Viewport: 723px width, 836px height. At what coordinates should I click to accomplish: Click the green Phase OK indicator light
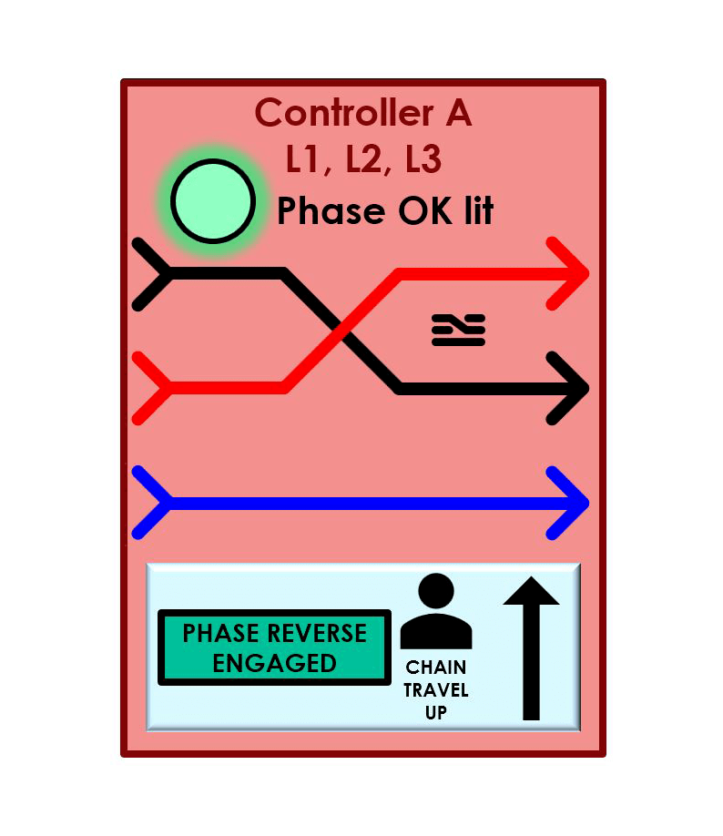[x=213, y=201]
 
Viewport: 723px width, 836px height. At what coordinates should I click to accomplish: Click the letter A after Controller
[x=456, y=113]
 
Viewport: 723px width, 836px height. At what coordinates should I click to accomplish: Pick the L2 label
[x=364, y=159]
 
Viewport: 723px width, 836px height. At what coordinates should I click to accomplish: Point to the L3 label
[x=423, y=159]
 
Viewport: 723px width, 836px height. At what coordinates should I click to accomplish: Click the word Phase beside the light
[x=331, y=211]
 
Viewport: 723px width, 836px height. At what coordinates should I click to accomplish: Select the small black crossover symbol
[x=458, y=330]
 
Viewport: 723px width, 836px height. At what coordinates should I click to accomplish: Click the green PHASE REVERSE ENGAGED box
[x=274, y=647]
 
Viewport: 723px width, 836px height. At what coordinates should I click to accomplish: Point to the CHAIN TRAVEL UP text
[x=436, y=690]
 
